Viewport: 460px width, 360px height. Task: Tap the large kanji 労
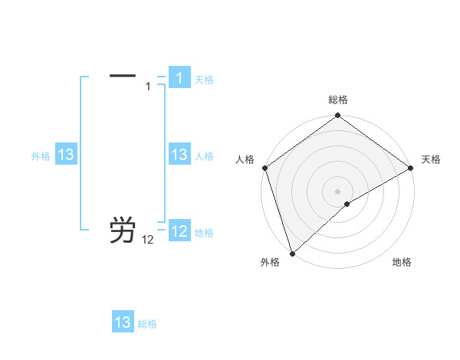click(x=123, y=230)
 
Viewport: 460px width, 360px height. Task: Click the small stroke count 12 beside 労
click(x=148, y=241)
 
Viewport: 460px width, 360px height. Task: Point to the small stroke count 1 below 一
click(x=149, y=87)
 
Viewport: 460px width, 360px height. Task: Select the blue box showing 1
click(x=179, y=78)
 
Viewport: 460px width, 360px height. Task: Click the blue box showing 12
click(x=179, y=231)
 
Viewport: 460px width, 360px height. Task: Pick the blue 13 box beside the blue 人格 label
click(x=179, y=155)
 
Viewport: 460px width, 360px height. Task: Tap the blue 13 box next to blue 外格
click(x=66, y=155)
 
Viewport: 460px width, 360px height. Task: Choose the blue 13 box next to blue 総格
click(x=123, y=322)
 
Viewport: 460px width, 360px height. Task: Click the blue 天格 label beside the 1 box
click(x=204, y=79)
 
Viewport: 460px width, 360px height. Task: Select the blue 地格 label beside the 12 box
click(x=204, y=232)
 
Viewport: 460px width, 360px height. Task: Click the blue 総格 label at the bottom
click(x=147, y=324)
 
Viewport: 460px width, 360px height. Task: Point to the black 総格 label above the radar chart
click(x=338, y=100)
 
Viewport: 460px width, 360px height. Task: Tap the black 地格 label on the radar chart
click(x=402, y=262)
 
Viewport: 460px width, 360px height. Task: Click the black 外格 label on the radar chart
click(x=270, y=262)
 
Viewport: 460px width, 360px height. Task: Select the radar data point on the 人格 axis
click(x=264, y=168)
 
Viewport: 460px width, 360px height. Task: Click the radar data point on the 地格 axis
click(x=347, y=204)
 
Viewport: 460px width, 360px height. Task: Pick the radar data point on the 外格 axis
click(x=292, y=253)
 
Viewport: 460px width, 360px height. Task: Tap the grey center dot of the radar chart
click(x=338, y=191)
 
